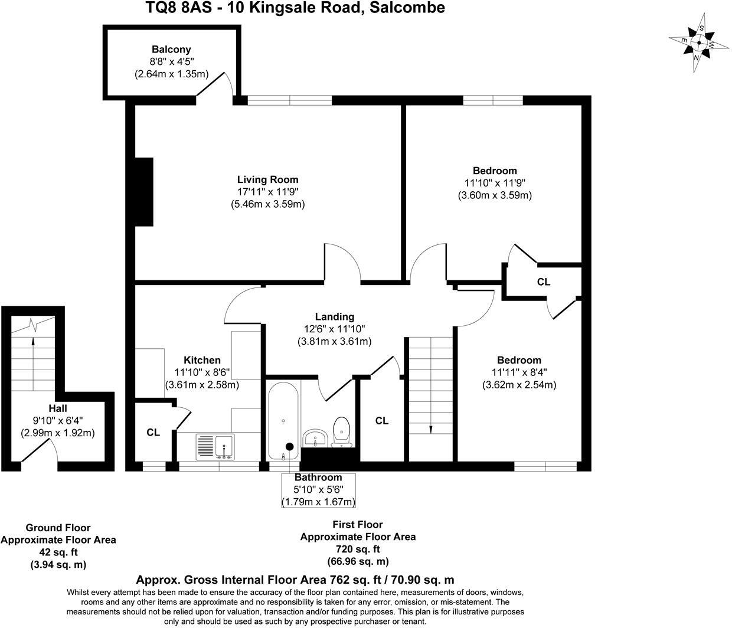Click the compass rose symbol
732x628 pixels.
pyautogui.click(x=700, y=43)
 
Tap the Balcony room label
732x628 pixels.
pyautogui.click(x=171, y=50)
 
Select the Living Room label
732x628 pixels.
pyautogui.click(x=267, y=179)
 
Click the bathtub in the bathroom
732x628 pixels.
pyautogui.click(x=284, y=420)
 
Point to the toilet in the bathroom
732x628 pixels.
pyautogui.click(x=342, y=431)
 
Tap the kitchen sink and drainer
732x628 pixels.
pyautogui.click(x=214, y=447)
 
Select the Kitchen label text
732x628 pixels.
pyautogui.click(x=202, y=360)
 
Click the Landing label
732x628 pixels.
pyautogui.click(x=334, y=317)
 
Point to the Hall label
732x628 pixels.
pyautogui.click(x=58, y=408)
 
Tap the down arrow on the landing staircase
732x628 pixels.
pyautogui.click(x=431, y=429)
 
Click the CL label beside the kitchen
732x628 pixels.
pyautogui.click(x=153, y=433)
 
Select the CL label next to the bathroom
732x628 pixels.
pyautogui.click(x=382, y=421)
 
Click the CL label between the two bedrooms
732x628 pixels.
pyautogui.click(x=544, y=282)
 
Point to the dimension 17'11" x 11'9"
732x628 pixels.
pyautogui.click(x=267, y=192)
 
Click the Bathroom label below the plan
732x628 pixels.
pyautogui.click(x=318, y=477)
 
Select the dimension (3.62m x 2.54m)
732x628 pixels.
pyautogui.click(x=519, y=385)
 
